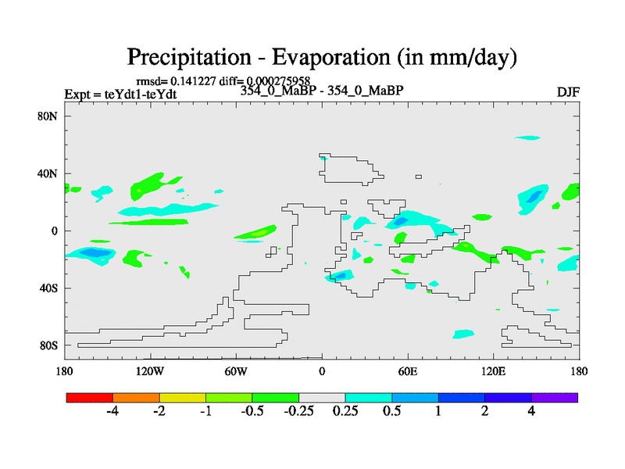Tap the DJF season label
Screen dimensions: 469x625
pos(568,92)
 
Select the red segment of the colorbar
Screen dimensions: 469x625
pos(90,397)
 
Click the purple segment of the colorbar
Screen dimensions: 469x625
pos(555,397)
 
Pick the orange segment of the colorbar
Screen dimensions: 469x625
pos(136,397)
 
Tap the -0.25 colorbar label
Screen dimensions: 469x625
pos(298,411)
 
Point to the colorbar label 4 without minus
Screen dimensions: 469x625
pos(531,411)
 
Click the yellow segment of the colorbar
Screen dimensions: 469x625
pos(183,397)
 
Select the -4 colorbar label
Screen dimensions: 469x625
pos(112,411)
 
